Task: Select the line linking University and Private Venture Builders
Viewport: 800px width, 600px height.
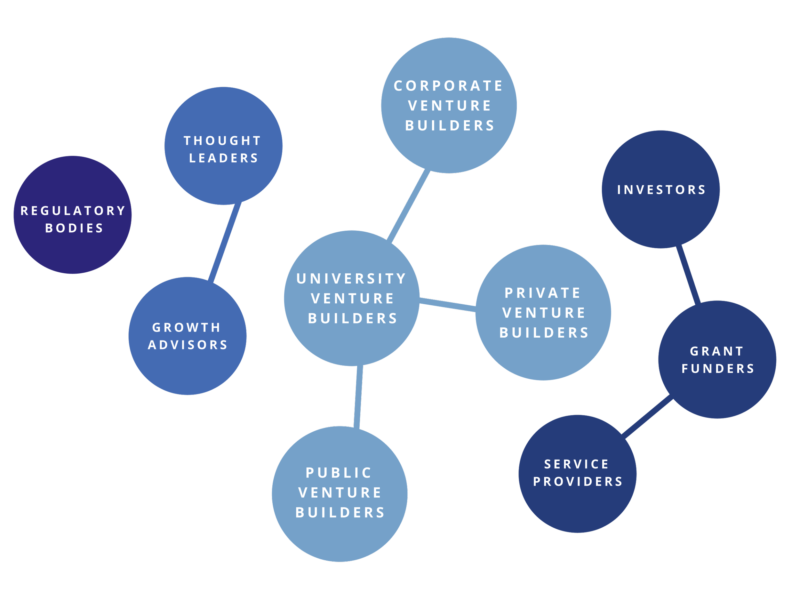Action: (448, 304)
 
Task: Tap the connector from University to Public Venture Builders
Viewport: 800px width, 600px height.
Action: (358, 396)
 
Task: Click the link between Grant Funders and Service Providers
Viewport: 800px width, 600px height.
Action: (647, 417)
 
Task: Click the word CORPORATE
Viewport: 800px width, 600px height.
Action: (448, 86)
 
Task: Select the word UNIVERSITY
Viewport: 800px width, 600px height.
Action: (351, 279)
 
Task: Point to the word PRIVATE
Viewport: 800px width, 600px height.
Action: (542, 293)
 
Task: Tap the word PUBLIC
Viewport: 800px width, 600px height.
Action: (339, 473)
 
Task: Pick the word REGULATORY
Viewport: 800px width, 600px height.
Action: (73, 211)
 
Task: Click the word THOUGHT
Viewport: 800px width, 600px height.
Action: (222, 141)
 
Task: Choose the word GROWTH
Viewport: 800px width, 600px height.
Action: (186, 328)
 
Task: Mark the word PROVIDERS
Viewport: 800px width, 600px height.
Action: (578, 482)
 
